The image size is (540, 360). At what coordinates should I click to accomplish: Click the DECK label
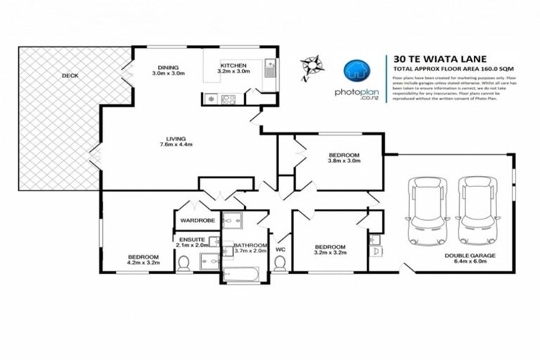click(69, 75)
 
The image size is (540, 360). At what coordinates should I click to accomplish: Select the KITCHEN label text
click(233, 65)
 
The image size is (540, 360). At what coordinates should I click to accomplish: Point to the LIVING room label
click(174, 139)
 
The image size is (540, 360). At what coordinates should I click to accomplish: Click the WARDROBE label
click(197, 221)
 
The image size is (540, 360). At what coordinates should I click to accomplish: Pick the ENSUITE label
click(191, 240)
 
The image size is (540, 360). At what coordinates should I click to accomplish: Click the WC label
click(280, 250)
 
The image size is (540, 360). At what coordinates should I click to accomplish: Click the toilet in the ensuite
click(184, 264)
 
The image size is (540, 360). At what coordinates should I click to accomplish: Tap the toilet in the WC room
click(280, 264)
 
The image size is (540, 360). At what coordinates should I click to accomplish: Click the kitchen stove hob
click(229, 99)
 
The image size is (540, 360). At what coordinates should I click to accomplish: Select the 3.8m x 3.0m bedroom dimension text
click(345, 160)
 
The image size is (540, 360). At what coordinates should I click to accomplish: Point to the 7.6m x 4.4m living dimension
click(176, 145)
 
